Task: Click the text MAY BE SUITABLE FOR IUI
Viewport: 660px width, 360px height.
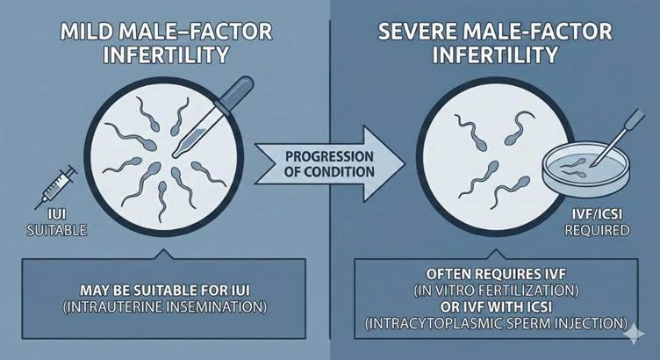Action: point(168,291)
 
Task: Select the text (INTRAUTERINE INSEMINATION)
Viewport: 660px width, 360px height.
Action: point(168,308)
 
